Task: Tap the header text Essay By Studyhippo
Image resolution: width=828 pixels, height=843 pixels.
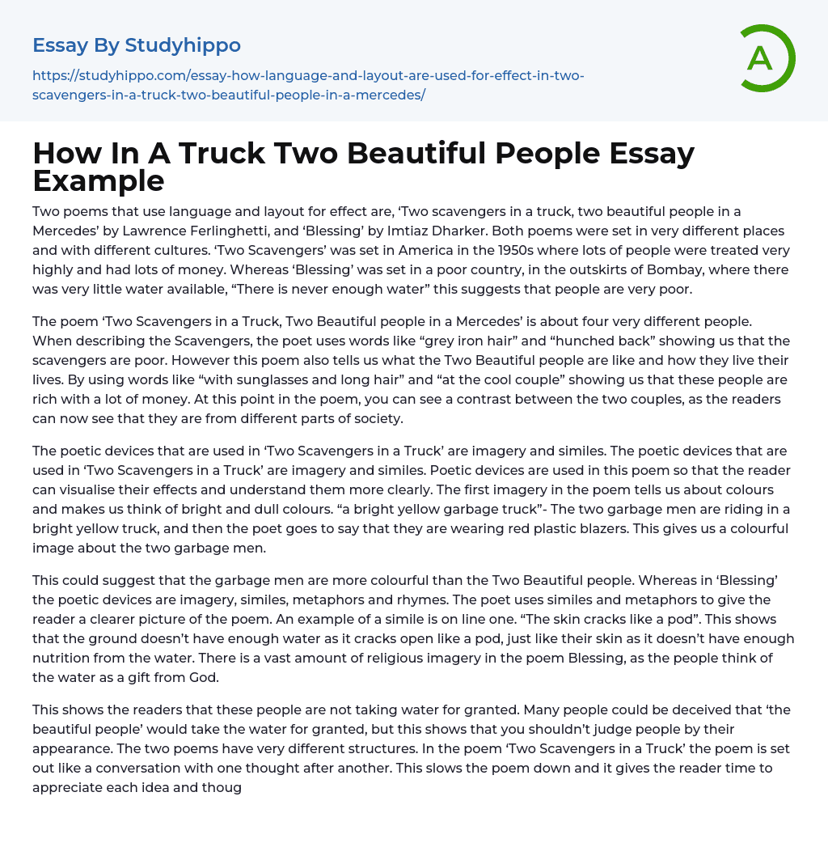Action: click(137, 45)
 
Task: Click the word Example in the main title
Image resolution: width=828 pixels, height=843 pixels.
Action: click(99, 180)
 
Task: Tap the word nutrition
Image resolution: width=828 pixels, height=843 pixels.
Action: click(64, 658)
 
